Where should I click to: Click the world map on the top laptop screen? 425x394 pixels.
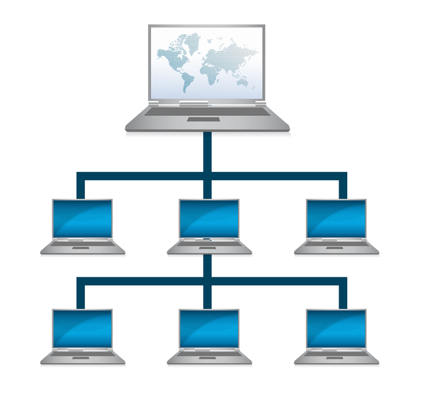pos(206,64)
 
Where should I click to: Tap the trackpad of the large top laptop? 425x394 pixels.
pos(207,120)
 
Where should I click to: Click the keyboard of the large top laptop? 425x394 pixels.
pos(207,111)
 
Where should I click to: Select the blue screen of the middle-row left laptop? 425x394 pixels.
pos(82,219)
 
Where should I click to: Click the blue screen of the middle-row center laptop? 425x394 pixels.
pos(209,219)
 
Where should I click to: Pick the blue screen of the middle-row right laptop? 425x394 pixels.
pos(336,219)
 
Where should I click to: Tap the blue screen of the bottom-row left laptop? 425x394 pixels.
pos(82,328)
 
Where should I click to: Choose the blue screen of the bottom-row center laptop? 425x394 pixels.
pos(209,328)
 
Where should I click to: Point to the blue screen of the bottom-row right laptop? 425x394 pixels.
pos(336,328)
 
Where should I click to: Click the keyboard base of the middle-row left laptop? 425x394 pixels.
pos(82,246)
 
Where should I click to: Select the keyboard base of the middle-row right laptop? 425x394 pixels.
pos(336,246)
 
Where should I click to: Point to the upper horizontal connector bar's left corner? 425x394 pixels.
pos(81,175)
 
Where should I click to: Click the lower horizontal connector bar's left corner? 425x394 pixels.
pos(81,281)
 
